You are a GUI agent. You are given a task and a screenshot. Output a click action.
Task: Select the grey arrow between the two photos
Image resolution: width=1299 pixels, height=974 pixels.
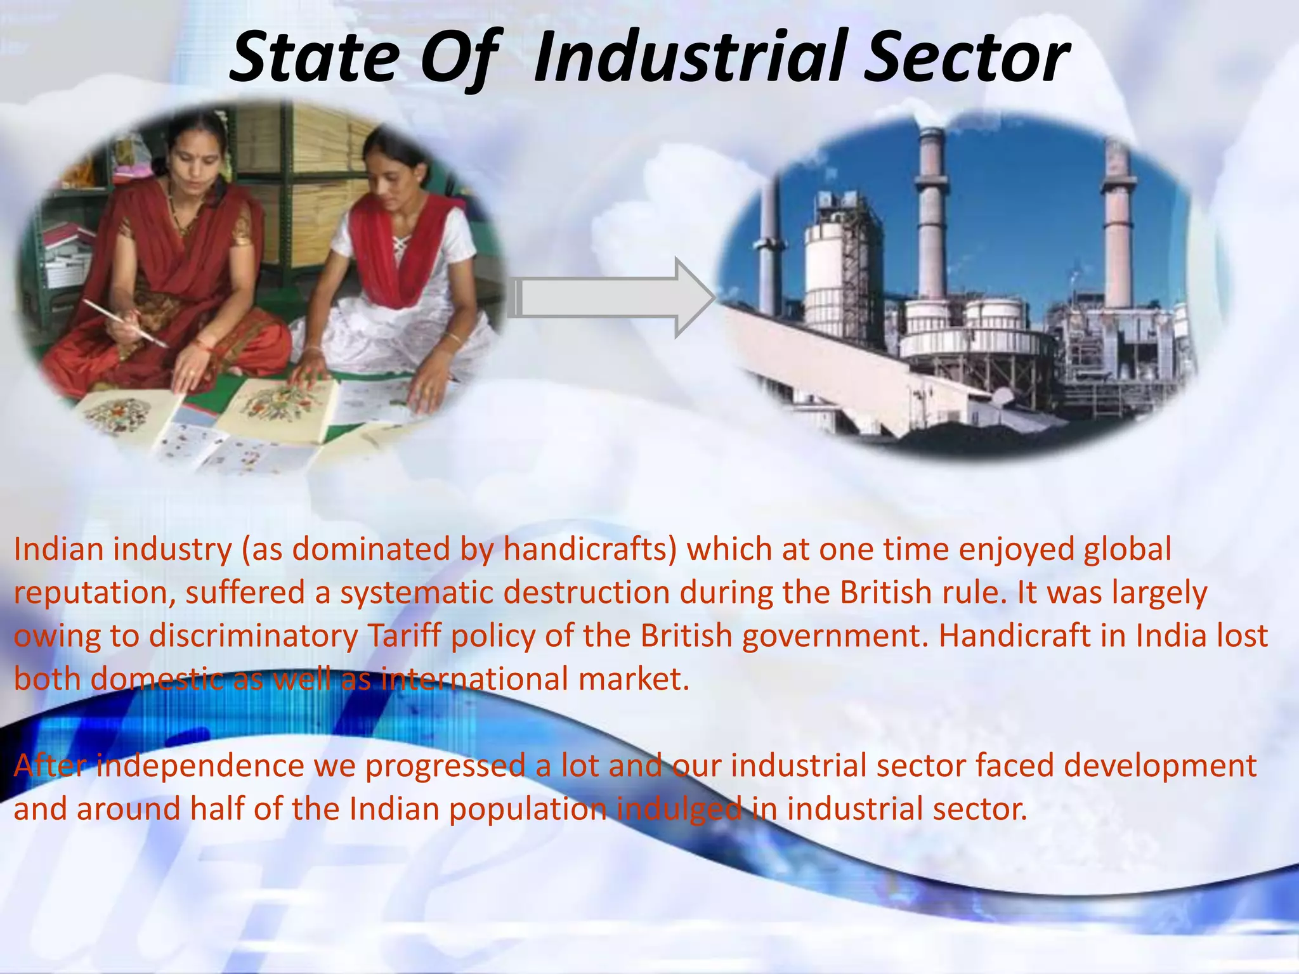click(x=611, y=297)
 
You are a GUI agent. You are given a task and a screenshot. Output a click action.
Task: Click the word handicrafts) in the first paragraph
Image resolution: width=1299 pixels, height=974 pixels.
click(x=591, y=549)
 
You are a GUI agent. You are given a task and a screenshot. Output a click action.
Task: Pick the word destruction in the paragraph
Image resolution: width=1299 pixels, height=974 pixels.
click(x=586, y=593)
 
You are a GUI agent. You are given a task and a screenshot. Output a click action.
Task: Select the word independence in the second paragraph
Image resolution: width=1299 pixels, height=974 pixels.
click(x=200, y=765)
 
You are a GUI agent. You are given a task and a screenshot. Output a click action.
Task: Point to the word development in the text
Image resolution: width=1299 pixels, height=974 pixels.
click(x=1160, y=765)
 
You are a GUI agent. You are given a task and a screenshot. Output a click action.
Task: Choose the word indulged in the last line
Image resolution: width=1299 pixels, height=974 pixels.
click(x=679, y=809)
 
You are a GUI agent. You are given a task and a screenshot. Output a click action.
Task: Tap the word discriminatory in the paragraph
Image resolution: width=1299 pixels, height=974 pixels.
click(x=253, y=636)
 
